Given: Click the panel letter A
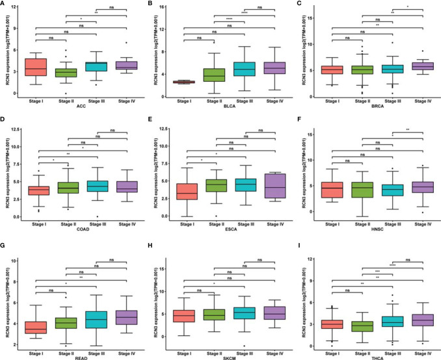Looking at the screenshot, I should pyautogui.click(x=5, y=5).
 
